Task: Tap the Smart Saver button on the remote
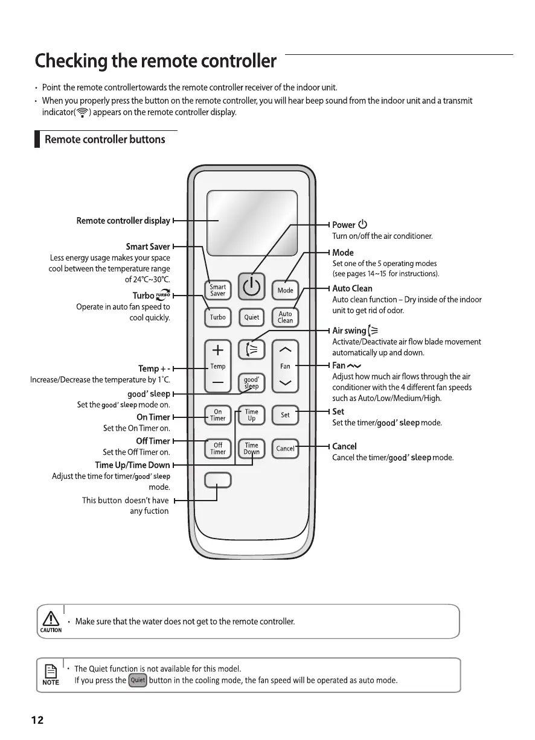(217, 290)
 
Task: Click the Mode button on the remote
(285, 290)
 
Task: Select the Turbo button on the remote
(217, 317)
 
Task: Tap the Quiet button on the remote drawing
(251, 317)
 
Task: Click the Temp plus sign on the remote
(218, 350)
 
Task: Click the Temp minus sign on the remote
(218, 384)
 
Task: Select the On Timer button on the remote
(217, 415)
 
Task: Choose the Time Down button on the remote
(251, 449)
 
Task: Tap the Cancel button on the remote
(285, 448)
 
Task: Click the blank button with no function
(217, 480)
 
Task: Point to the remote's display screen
(252, 223)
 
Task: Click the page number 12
(37, 720)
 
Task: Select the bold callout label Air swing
(349, 330)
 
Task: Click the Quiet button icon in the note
(138, 680)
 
